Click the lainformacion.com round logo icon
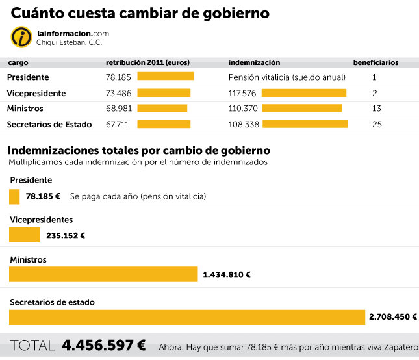click(x=21, y=37)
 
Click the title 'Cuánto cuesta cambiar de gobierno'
click(x=140, y=13)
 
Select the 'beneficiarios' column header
click(x=375, y=63)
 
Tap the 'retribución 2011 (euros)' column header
click(x=147, y=63)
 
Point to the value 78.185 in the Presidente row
click(x=119, y=77)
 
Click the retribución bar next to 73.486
click(x=164, y=93)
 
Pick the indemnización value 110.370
click(x=242, y=108)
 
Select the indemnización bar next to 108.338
click(x=305, y=123)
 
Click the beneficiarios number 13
click(x=377, y=108)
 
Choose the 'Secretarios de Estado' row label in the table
click(x=49, y=124)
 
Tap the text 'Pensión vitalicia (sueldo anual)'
click(x=286, y=77)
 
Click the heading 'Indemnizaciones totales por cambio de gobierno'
click(x=138, y=151)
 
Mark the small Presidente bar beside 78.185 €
click(x=14, y=196)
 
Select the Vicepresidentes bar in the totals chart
click(x=25, y=235)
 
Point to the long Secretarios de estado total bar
click(x=187, y=317)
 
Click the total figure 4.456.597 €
click(x=104, y=345)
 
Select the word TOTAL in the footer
click(x=32, y=345)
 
